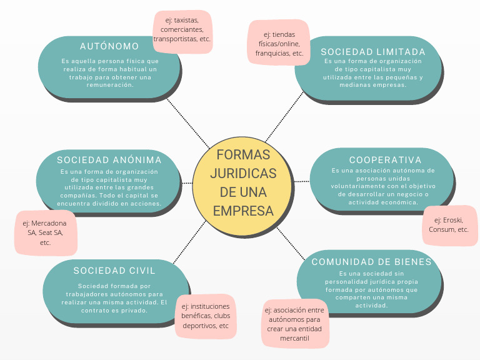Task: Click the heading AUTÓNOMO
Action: [x=109, y=46]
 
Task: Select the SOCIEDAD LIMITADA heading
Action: [x=373, y=51]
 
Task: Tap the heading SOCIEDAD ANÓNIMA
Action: [x=109, y=160]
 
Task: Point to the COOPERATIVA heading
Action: [x=386, y=160]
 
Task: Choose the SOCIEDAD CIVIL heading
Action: [x=114, y=271]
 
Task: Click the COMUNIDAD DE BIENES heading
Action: [x=372, y=261]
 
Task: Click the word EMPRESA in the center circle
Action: [x=243, y=211]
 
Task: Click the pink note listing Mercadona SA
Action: [x=45, y=232]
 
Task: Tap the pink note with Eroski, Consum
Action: [x=449, y=224]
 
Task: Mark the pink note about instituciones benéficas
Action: [x=206, y=316]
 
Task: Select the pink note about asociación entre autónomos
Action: [x=295, y=324]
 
